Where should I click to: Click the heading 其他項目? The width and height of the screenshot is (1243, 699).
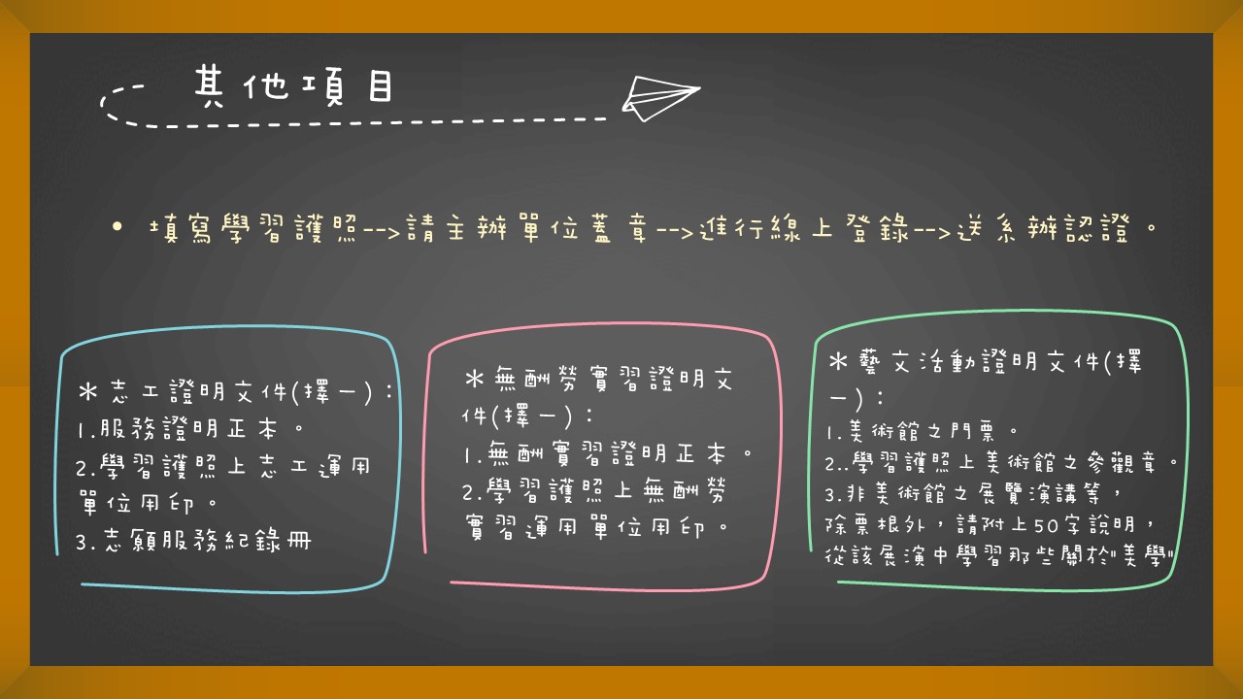(x=294, y=86)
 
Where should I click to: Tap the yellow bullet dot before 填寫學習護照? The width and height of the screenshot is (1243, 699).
(x=117, y=226)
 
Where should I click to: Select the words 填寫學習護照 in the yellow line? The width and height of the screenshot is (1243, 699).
(x=253, y=228)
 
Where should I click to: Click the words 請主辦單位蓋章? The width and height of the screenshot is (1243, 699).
(x=526, y=228)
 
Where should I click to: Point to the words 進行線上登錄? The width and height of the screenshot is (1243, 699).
(x=804, y=228)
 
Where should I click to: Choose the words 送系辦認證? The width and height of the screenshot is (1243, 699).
(x=1043, y=228)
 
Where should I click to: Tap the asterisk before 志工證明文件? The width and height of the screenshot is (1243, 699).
(x=88, y=391)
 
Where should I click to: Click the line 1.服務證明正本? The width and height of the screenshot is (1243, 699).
(x=189, y=429)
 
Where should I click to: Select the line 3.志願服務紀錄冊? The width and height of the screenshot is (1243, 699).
(x=193, y=540)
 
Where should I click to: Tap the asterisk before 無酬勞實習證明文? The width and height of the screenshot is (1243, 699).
(x=475, y=380)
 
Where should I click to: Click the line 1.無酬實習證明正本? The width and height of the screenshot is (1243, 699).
(x=609, y=453)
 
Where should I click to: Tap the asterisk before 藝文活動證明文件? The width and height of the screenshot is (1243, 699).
(x=838, y=362)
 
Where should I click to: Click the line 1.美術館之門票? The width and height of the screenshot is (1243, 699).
(x=922, y=431)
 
